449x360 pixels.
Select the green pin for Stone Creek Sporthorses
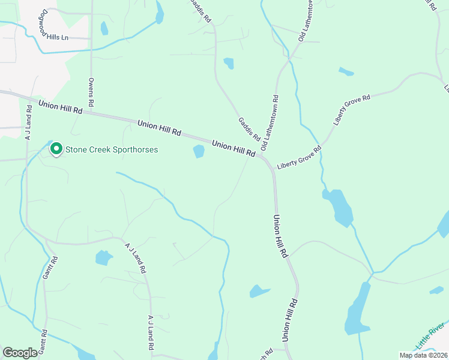coord(56,148)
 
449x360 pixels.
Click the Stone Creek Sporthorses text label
coord(111,149)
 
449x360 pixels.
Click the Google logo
coord(20,353)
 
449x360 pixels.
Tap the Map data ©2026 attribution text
coord(424,355)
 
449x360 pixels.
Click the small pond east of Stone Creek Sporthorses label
coord(199,152)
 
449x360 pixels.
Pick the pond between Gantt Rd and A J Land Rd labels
coord(103,258)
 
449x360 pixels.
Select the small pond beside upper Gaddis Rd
coord(229,63)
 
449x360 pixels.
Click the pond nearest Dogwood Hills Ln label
coord(104,28)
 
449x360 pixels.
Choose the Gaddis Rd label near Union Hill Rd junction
coord(249,129)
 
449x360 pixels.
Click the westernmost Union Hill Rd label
coord(60,107)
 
